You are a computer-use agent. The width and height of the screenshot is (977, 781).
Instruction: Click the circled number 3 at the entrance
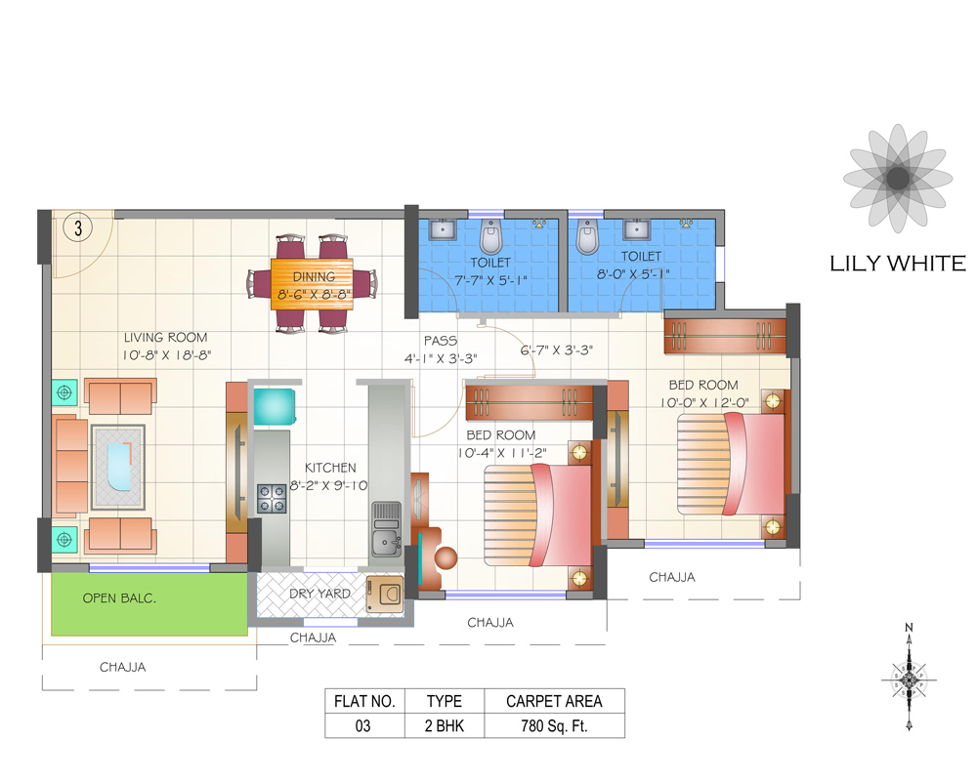coord(76,228)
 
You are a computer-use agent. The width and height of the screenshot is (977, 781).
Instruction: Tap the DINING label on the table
coord(313,276)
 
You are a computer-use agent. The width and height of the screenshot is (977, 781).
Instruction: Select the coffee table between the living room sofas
coord(118,467)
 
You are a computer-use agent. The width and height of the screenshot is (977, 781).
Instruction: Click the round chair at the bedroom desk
coord(446,558)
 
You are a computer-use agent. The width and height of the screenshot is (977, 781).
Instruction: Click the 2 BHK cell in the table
coord(444,725)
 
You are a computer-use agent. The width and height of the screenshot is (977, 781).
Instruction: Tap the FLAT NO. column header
coord(364,701)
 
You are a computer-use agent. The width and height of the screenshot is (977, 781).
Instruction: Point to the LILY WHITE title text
coord(897,264)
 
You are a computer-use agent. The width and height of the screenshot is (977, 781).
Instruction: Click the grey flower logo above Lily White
coord(896,179)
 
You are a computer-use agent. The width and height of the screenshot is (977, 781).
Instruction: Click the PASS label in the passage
coord(441,341)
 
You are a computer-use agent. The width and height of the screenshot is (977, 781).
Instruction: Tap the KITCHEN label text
coord(329,468)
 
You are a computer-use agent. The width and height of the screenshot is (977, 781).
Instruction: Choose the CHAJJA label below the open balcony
coord(124,668)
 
